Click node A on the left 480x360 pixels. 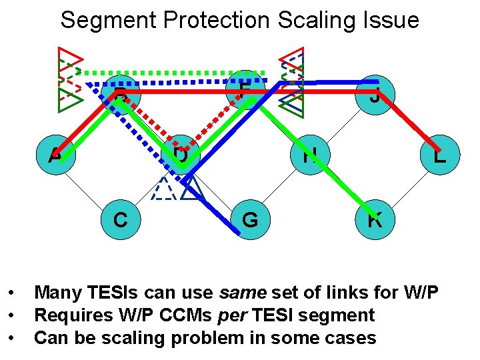57,155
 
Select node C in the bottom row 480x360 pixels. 120,219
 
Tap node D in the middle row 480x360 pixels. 181,155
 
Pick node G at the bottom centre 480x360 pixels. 250,219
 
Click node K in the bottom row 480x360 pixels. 375,219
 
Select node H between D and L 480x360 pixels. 310,155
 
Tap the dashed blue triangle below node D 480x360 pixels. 162,190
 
